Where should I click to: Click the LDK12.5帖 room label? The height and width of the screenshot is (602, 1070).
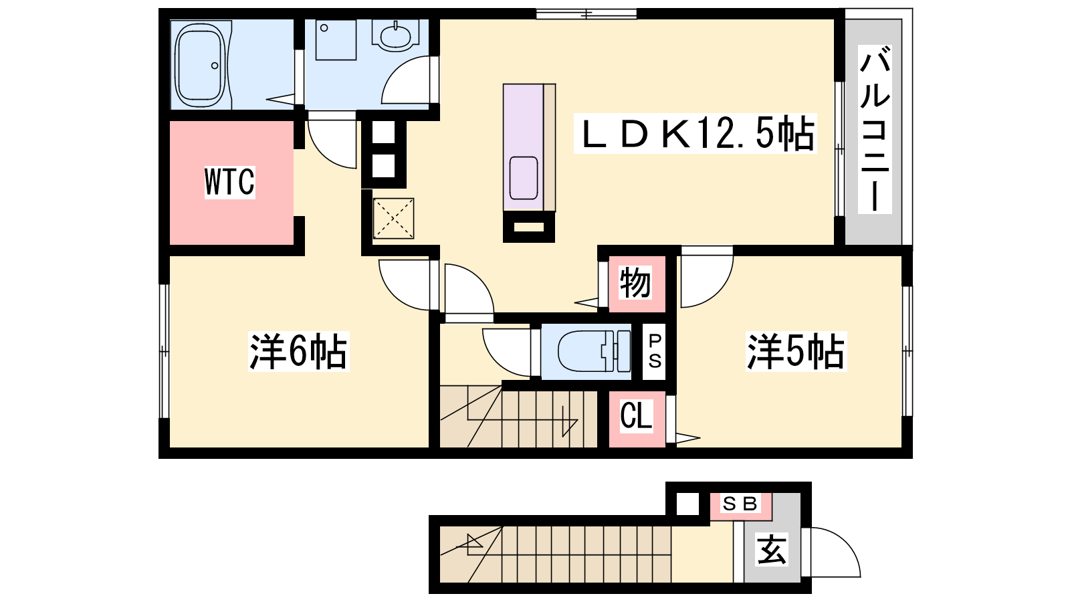pos(695,133)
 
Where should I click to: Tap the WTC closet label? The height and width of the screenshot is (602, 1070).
pos(230,182)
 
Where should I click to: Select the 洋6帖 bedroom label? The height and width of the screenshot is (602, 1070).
pos(298,351)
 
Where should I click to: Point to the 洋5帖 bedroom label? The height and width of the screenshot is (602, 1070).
pos(796,351)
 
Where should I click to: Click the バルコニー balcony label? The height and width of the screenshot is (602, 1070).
pos(875,129)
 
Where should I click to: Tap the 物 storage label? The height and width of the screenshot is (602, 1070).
pos(635,282)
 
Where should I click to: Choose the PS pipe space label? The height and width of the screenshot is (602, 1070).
pos(655,351)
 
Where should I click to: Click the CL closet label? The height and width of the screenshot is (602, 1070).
pos(636,415)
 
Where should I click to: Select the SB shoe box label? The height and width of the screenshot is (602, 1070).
pos(740,504)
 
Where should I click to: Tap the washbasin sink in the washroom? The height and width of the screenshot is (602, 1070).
pos(395,35)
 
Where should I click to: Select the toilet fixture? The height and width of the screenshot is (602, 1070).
pos(594,351)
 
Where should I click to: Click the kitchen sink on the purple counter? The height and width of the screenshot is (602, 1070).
pos(524,178)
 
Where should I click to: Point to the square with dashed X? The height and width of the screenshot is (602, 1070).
pos(393,218)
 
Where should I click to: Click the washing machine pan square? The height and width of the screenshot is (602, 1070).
pos(336,40)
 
